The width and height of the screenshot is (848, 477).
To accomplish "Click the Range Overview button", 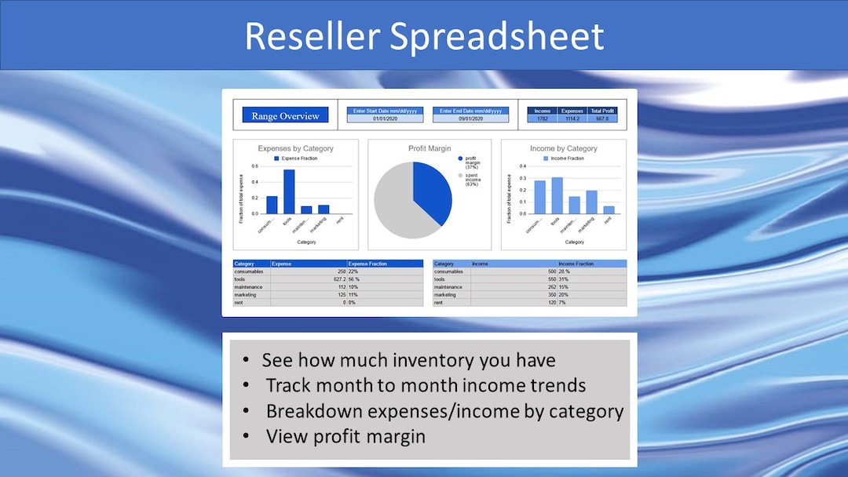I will [x=285, y=116].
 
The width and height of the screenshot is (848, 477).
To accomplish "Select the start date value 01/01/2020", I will [x=384, y=118].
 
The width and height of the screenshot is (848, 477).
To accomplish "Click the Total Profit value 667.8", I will [x=601, y=118].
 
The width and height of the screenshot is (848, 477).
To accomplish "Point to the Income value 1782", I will [x=542, y=118].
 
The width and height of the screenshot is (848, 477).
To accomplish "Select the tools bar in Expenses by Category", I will [x=289, y=191].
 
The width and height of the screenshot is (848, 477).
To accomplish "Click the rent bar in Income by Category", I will [x=609, y=209].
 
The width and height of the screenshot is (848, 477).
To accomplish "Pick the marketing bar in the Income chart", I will [x=591, y=202].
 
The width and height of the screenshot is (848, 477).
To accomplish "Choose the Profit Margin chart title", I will [x=429, y=148].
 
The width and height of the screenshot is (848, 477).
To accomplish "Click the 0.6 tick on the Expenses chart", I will [x=254, y=166].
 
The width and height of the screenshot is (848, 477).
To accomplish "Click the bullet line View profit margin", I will [x=345, y=436].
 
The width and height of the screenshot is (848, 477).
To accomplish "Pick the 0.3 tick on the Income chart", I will [x=523, y=177].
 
